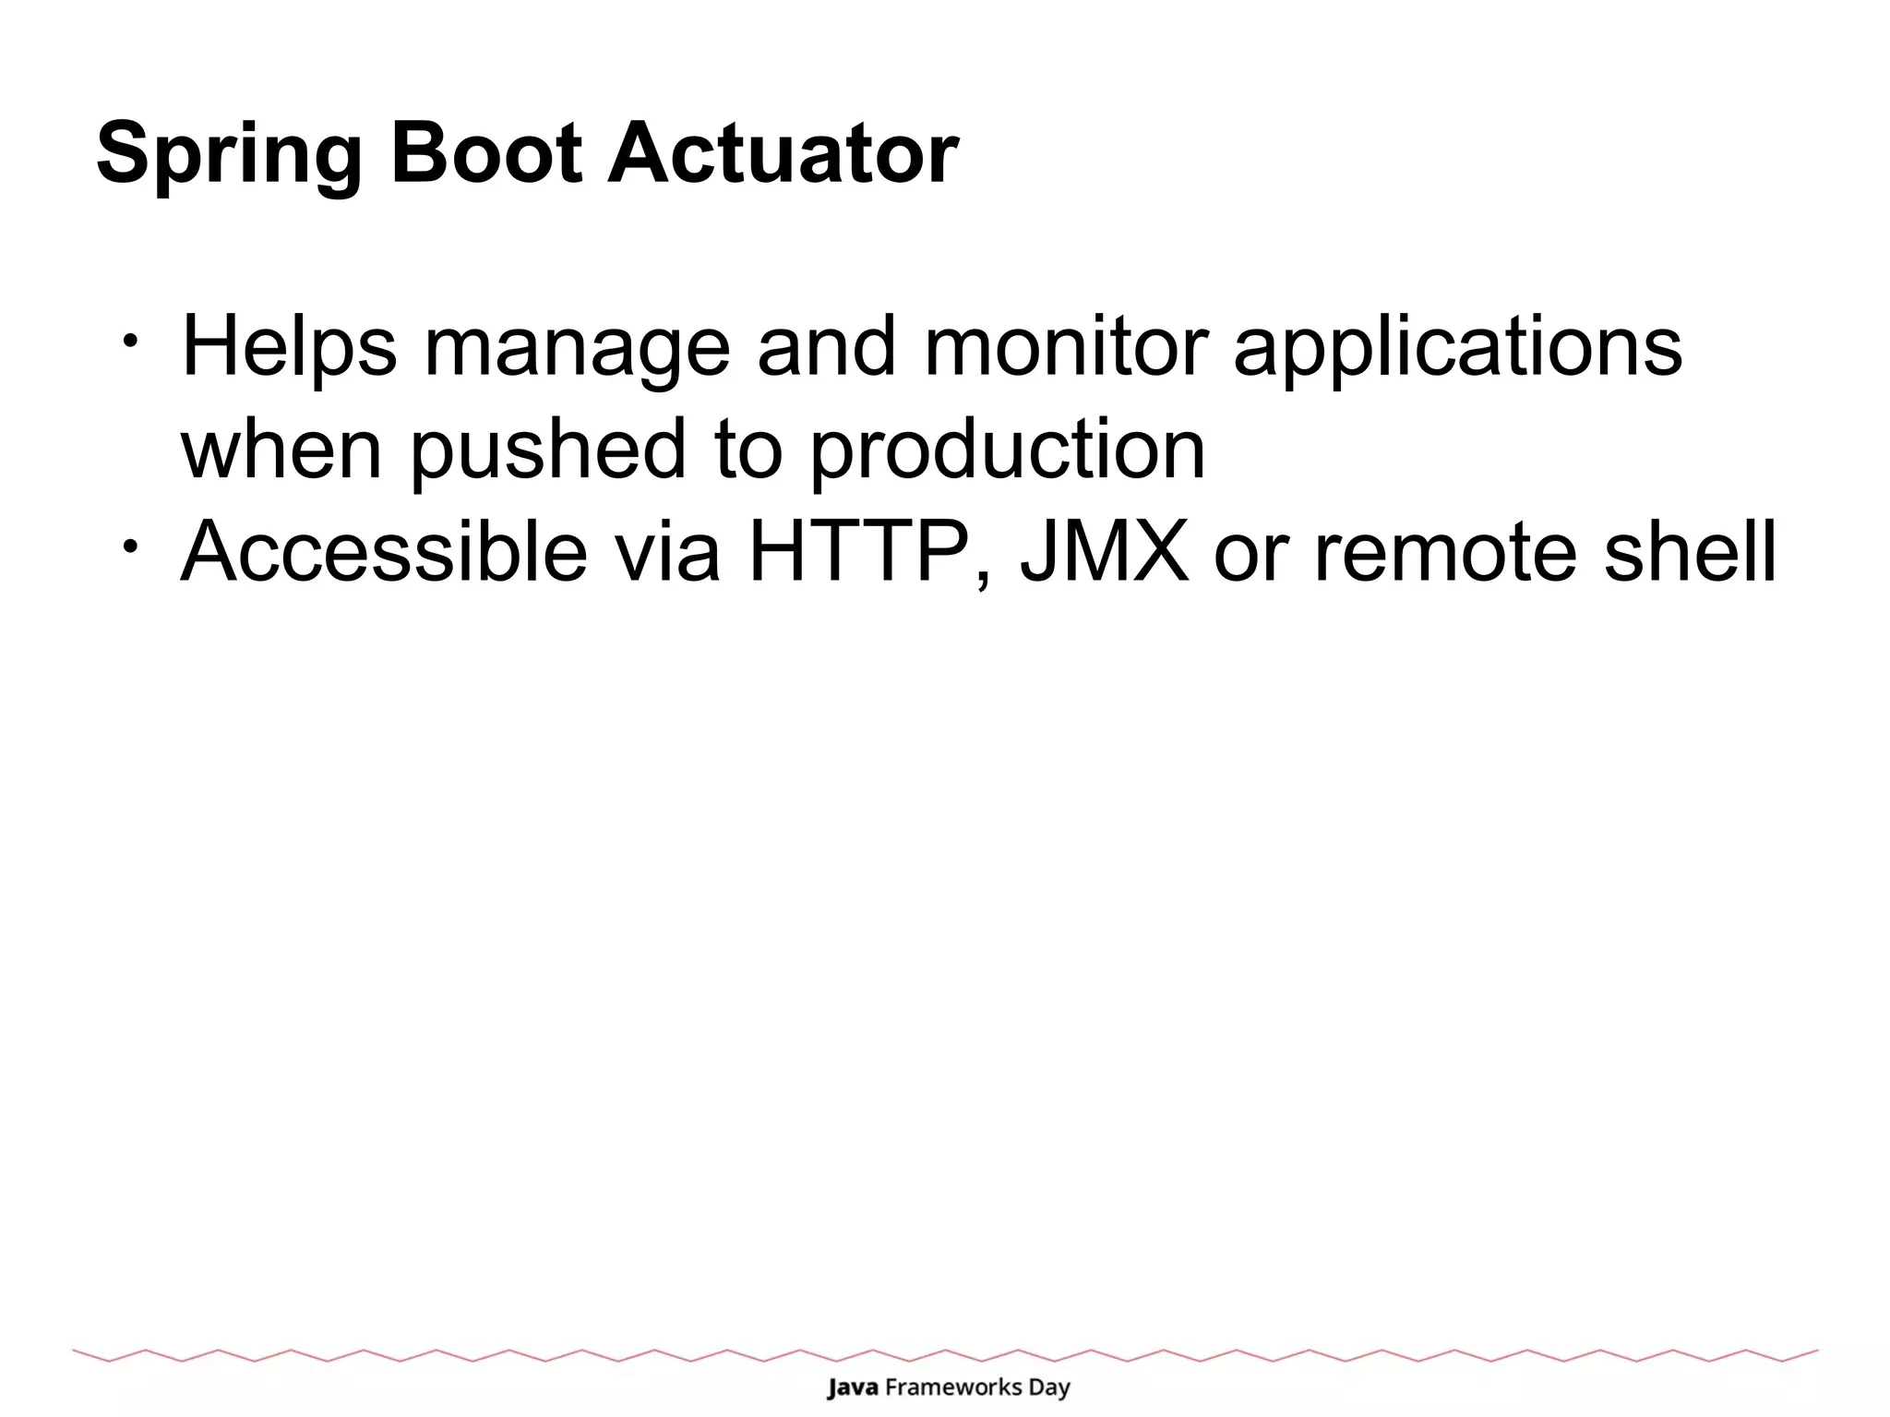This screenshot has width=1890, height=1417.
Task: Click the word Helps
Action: pos(289,349)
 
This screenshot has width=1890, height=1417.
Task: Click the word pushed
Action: pos(548,450)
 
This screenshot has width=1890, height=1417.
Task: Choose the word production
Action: pos(1007,450)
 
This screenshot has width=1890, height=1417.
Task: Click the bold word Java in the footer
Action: pos(852,1387)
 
